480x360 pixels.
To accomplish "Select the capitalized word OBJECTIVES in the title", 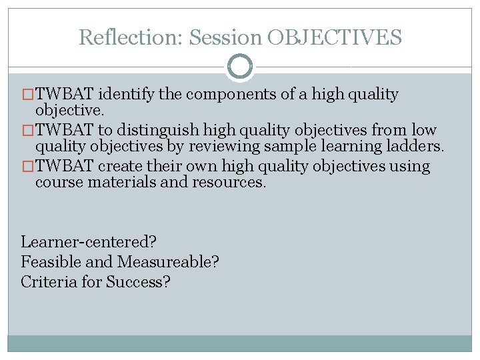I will click(335, 37).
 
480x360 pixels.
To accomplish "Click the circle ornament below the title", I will click(240, 67).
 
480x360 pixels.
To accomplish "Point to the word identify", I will click(127, 94).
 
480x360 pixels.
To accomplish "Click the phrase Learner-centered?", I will click(93, 241).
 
